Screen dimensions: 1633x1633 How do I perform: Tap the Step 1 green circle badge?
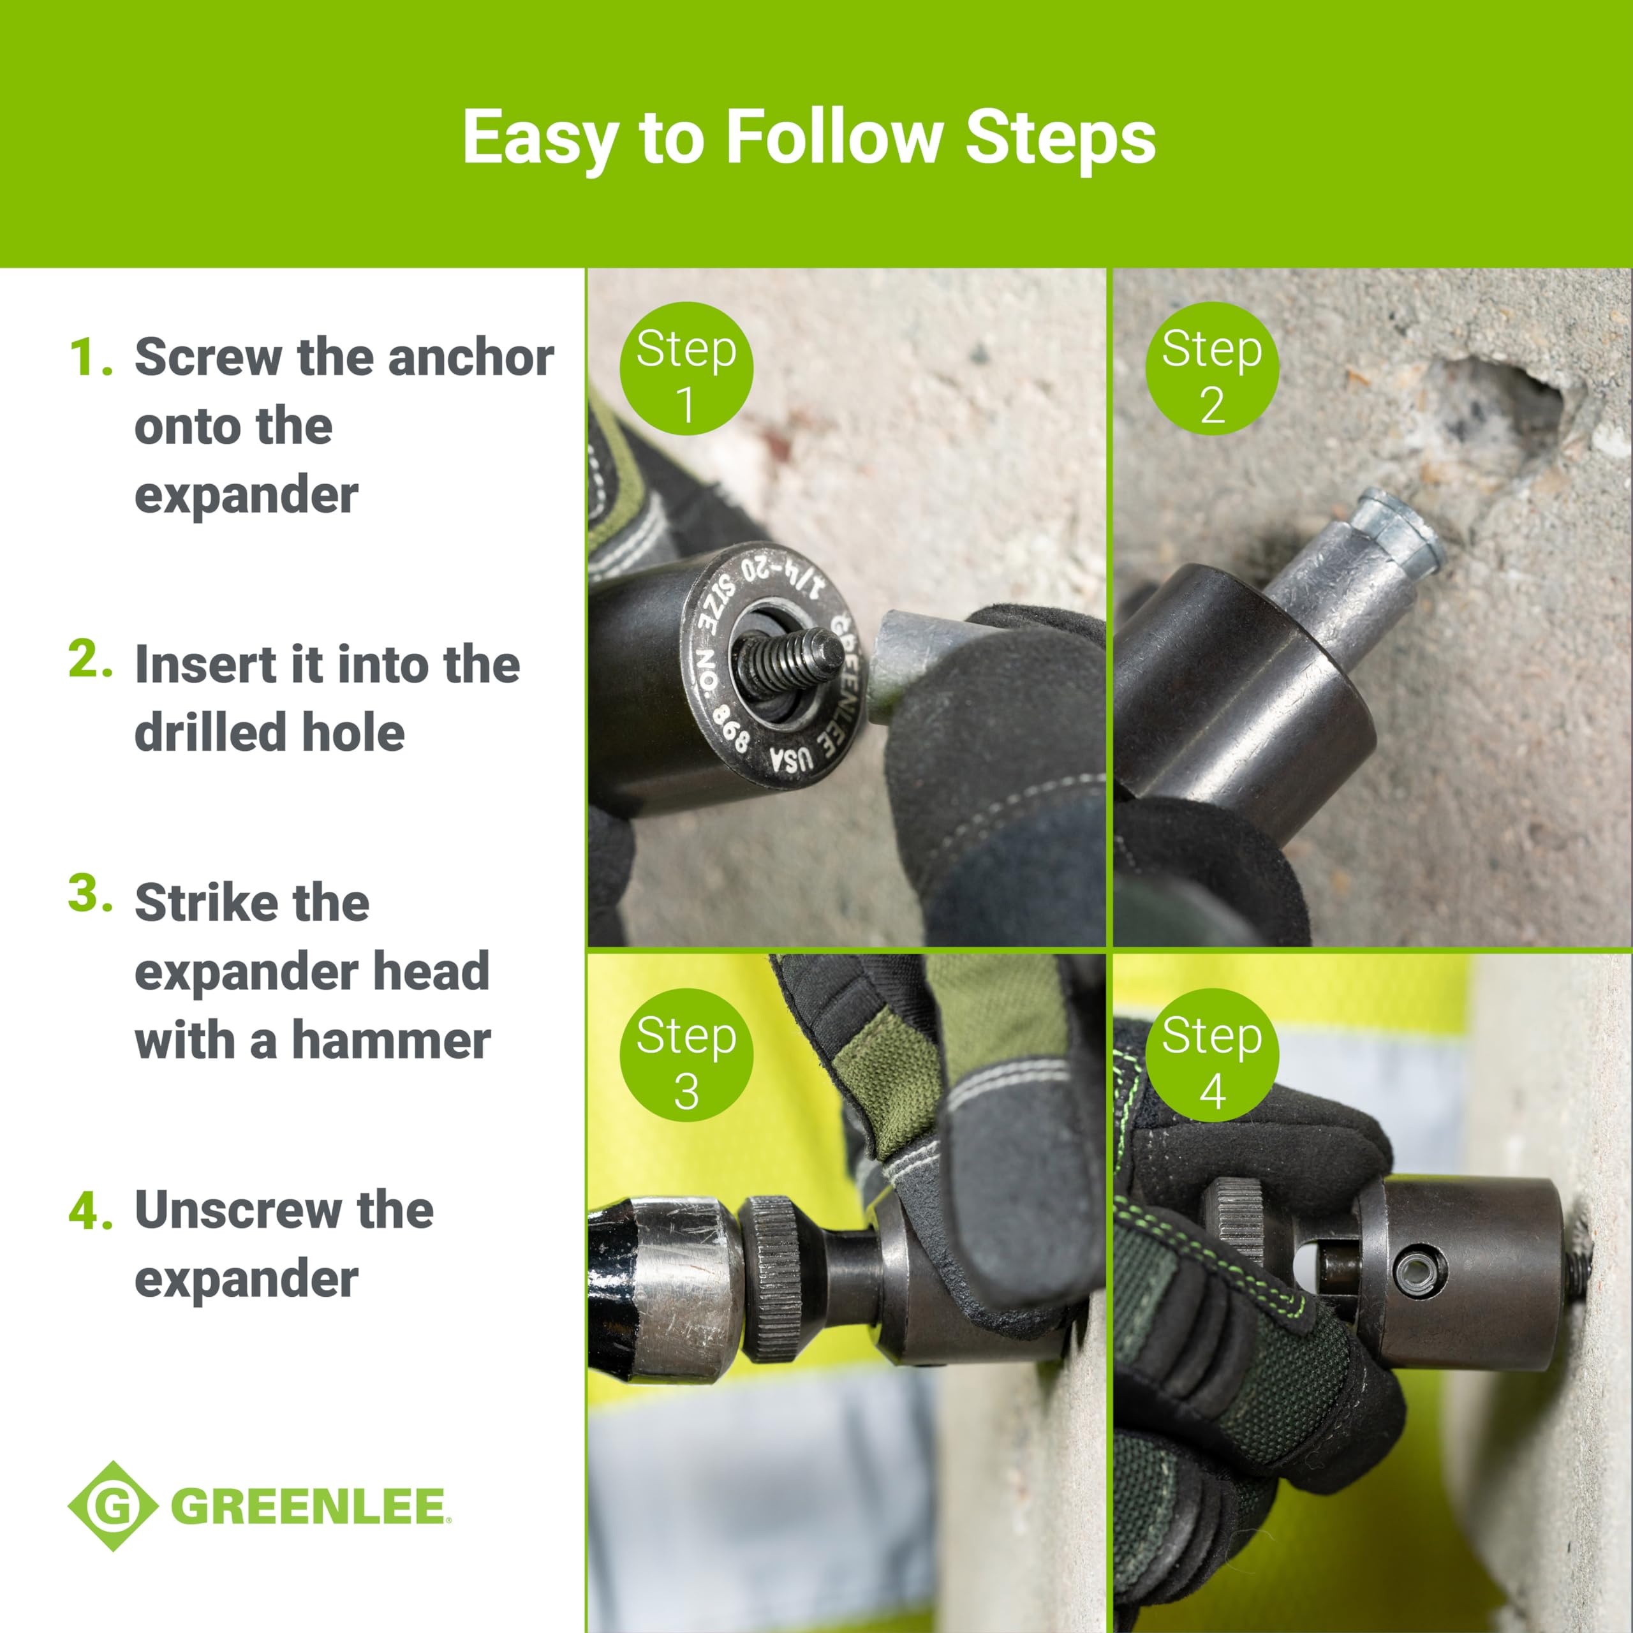686,369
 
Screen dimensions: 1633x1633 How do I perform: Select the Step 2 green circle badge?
1212,369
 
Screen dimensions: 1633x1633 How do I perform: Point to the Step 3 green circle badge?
686,1055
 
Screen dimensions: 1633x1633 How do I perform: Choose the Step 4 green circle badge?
1212,1055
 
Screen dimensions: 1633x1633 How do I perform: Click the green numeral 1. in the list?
91,357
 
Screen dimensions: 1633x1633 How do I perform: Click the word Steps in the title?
1060,138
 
